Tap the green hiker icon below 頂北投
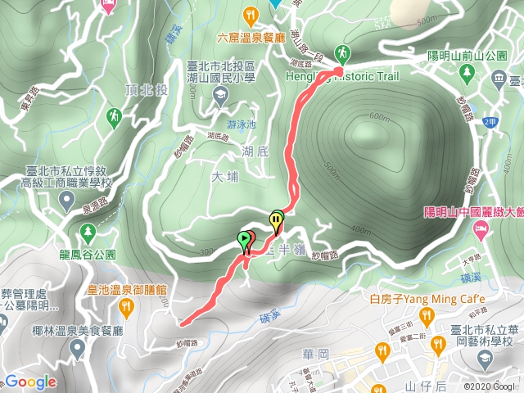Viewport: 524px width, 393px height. pos(113,118)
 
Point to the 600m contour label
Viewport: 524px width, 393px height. pos(380,116)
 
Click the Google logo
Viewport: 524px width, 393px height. pos(31,382)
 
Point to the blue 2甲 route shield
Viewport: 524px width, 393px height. pos(490,122)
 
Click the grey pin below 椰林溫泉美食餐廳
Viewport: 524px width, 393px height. pos(78,350)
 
